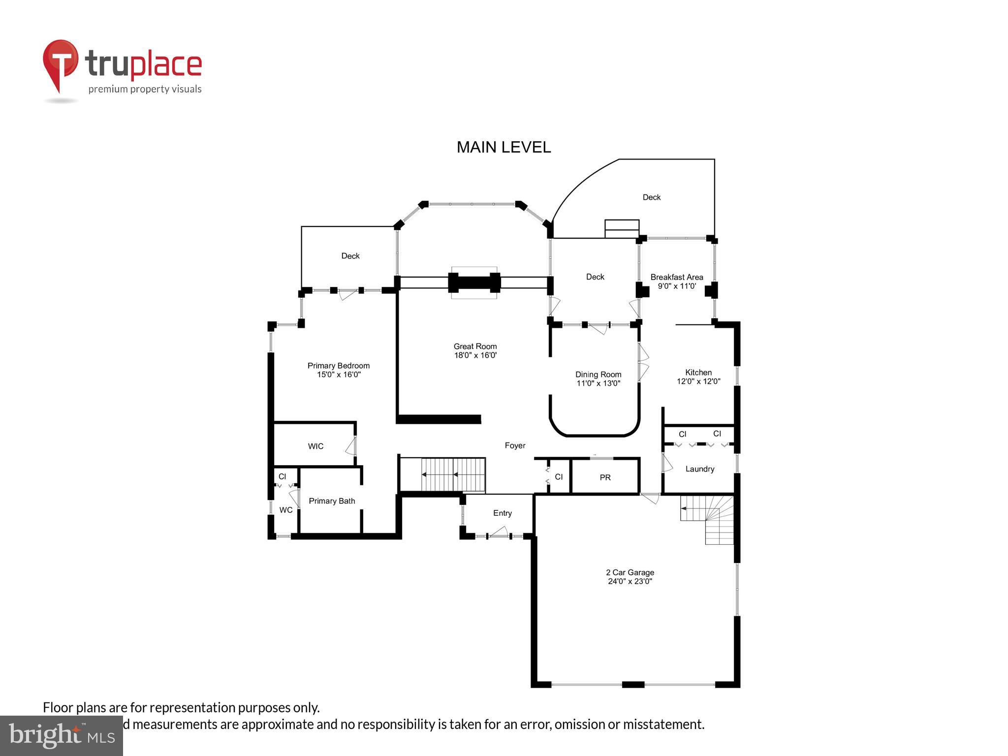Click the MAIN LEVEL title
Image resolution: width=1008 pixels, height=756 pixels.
pos(504,147)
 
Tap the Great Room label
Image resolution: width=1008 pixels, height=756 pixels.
pos(475,350)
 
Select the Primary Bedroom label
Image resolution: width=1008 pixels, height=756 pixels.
pos(338,370)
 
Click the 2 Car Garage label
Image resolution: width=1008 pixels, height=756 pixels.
pos(630,576)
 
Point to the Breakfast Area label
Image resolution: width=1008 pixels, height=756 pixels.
pos(676,281)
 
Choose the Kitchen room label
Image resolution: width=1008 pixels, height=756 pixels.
pos(698,377)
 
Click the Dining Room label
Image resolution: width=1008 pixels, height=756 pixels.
pos(598,378)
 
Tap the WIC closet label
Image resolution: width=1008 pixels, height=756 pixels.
pos(315,446)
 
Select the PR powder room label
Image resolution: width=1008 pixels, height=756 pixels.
pos(605,477)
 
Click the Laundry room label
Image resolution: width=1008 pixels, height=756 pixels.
pos(699,469)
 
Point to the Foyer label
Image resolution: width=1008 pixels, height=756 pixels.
pos(515,445)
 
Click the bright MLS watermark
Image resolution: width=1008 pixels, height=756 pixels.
pos(61,735)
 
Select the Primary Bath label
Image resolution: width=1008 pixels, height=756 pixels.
pos(332,501)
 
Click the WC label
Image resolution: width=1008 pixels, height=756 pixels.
pos(285,510)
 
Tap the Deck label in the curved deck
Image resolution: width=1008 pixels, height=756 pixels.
pos(651,197)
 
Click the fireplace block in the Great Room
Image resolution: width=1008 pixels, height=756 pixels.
pos(474,283)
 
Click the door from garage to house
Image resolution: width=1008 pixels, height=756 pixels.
pos(650,498)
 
